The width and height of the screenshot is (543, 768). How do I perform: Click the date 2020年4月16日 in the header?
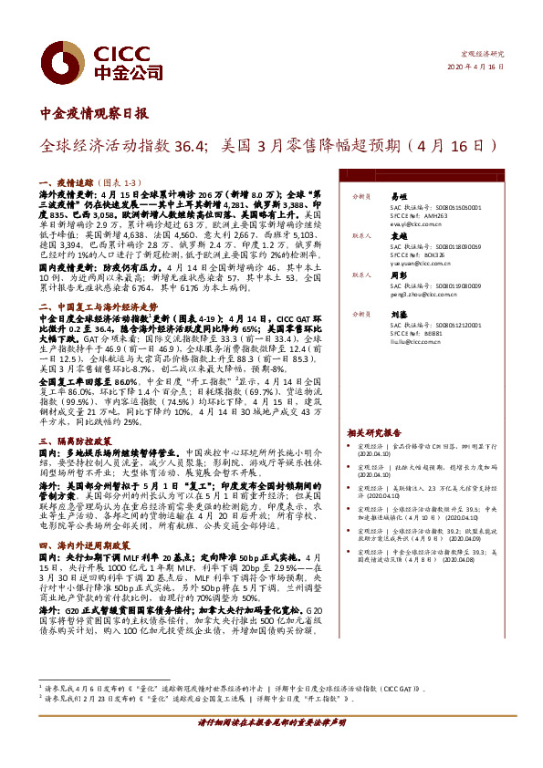[x=475, y=67]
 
